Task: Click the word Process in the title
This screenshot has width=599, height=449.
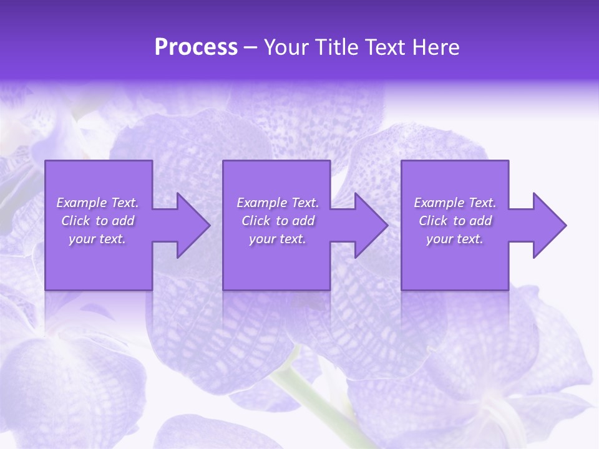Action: click(x=196, y=47)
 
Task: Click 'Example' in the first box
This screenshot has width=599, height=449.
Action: click(x=82, y=203)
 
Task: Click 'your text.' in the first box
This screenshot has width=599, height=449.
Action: click(x=97, y=239)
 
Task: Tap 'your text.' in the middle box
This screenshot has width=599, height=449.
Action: click(x=277, y=239)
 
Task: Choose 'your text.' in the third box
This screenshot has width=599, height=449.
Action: click(x=454, y=239)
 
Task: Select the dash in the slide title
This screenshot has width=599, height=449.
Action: click(x=250, y=48)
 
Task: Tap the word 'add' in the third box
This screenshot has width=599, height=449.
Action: click(x=480, y=221)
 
